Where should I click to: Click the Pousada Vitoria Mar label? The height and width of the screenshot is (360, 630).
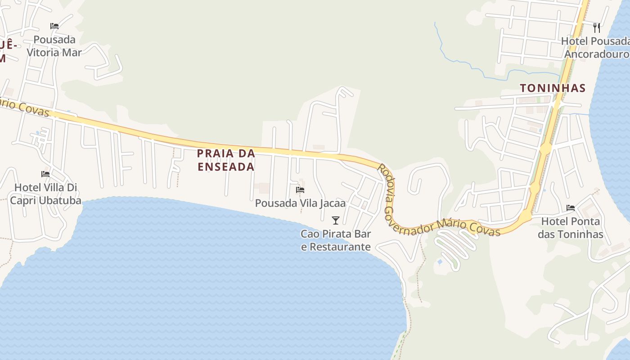[54, 46]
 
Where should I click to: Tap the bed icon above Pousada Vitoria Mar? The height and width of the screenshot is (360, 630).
[54, 26]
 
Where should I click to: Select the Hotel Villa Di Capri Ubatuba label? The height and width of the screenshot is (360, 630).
[46, 194]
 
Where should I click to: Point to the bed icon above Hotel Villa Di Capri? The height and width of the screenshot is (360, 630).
[45, 174]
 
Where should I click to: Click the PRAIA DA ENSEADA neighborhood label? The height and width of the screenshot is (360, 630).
[226, 160]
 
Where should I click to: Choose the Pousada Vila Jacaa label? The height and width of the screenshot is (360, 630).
[300, 203]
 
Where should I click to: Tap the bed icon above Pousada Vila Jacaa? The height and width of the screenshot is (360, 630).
[300, 190]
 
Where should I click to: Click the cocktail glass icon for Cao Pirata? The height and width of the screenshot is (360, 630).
[335, 220]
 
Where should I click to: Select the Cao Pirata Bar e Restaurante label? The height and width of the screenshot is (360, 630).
[336, 240]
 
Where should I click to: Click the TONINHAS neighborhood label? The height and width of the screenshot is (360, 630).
[553, 88]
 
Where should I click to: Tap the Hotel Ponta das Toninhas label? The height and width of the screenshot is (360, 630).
[570, 228]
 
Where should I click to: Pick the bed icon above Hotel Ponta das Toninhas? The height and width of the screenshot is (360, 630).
[571, 208]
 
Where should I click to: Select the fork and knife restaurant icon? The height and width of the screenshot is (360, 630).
[597, 28]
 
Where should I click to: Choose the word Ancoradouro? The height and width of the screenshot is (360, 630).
[597, 54]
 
